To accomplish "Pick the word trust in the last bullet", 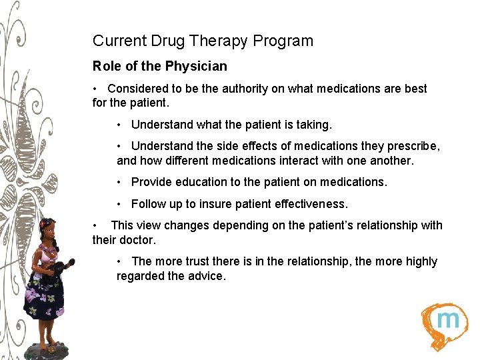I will click(x=205, y=261).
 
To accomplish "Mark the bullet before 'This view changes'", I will click(x=97, y=225).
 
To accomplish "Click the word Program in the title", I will click(x=285, y=41).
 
